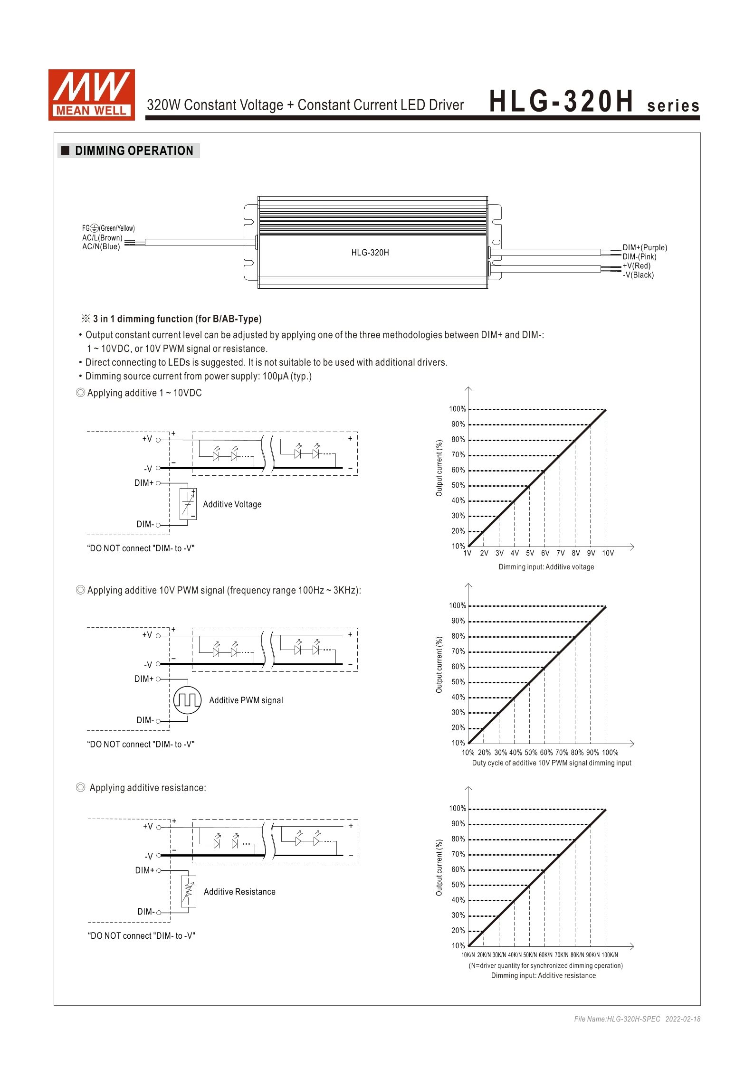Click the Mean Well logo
point(91,94)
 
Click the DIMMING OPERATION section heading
point(134,151)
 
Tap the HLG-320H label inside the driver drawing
point(370,253)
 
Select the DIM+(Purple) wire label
point(645,247)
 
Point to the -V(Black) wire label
point(638,275)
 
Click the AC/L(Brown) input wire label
point(102,237)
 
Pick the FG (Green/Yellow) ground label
point(108,228)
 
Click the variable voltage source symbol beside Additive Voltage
point(188,504)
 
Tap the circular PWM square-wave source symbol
point(187,700)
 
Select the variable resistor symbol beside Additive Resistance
point(189,891)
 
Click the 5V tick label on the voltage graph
point(530,553)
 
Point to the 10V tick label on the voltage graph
point(608,553)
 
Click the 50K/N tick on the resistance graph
point(530,955)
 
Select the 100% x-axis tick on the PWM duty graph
point(610,753)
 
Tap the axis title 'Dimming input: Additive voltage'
point(546,567)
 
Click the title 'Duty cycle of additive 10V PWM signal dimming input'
point(551,763)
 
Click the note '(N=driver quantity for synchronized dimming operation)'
point(545,965)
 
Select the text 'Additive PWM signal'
point(246,700)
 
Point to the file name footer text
point(637,1019)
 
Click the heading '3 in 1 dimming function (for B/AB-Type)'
point(177,319)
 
